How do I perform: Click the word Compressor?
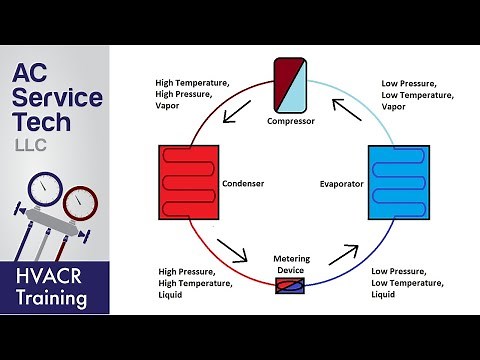290,121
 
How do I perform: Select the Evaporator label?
341,185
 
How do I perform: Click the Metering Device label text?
291,264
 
